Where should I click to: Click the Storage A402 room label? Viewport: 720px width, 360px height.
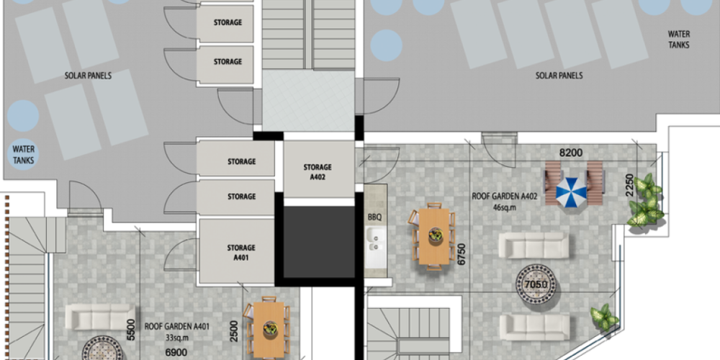click(x=318, y=172)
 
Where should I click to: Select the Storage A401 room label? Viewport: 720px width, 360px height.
click(x=240, y=253)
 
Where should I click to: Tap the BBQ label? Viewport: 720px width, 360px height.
click(x=374, y=217)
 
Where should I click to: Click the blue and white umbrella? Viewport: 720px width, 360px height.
click(x=571, y=191)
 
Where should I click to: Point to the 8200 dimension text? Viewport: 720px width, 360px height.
click(x=570, y=153)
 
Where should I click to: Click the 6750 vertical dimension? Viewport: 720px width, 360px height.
click(x=462, y=253)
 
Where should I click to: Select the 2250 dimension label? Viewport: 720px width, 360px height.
click(x=630, y=184)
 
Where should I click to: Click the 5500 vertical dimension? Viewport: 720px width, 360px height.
click(x=131, y=330)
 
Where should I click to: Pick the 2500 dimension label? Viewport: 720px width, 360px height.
click(x=234, y=331)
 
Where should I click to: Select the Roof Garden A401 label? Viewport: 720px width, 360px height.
click(x=177, y=328)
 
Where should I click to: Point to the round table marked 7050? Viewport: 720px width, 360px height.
click(x=536, y=284)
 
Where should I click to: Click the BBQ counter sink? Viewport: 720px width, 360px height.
click(x=377, y=242)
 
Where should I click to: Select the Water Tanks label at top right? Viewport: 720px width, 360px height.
click(x=679, y=40)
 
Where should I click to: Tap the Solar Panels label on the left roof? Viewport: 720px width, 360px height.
click(x=88, y=76)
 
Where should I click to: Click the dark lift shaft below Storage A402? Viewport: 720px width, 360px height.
click(x=319, y=242)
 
